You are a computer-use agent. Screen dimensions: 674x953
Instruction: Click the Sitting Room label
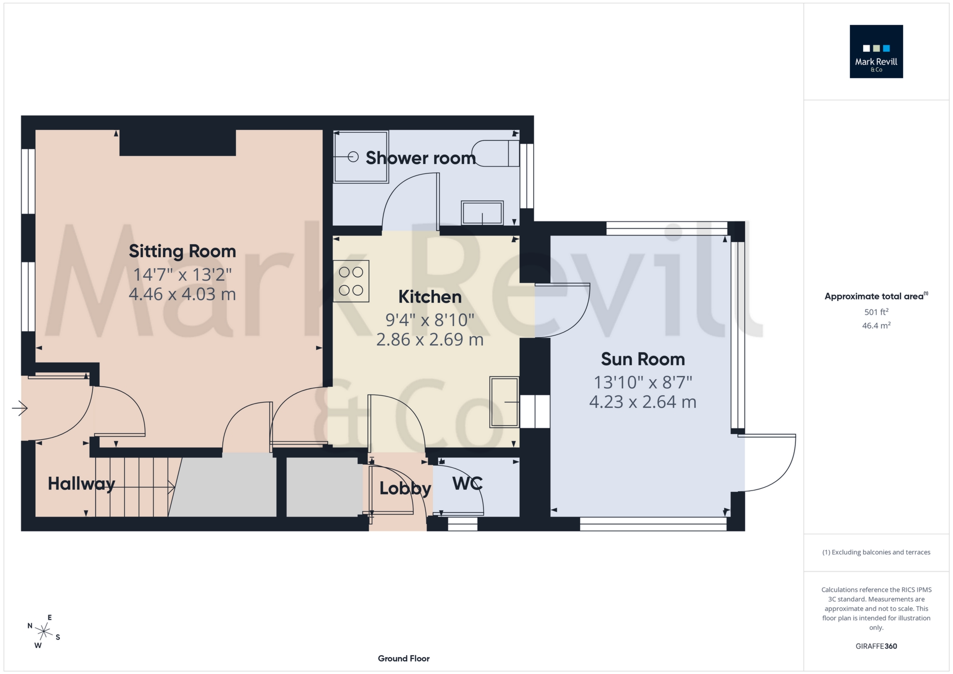click(x=182, y=251)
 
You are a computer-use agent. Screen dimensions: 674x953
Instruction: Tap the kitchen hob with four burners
click(x=351, y=281)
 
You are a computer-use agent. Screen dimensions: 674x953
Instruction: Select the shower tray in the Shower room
click(x=360, y=157)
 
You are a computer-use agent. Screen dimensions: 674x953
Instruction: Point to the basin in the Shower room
click(x=482, y=213)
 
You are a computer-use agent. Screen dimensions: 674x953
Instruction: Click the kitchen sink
click(x=504, y=402)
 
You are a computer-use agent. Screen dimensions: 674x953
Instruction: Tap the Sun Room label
click(x=642, y=359)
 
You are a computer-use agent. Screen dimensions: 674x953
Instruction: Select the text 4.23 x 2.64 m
click(x=642, y=402)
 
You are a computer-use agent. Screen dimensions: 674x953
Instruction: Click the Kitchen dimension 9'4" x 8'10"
click(x=430, y=320)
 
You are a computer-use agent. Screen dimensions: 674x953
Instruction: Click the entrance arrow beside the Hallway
click(x=19, y=408)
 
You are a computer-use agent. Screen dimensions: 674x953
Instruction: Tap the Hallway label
click(x=81, y=484)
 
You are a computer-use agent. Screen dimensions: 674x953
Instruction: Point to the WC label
click(x=467, y=484)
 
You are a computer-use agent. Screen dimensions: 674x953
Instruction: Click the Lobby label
click(x=405, y=489)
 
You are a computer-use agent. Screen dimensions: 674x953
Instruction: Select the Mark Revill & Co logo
click(x=876, y=52)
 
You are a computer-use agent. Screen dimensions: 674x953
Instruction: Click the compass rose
click(x=43, y=632)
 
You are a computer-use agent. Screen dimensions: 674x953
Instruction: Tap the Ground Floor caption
click(x=403, y=658)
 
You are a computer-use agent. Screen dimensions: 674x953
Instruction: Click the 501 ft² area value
click(x=876, y=312)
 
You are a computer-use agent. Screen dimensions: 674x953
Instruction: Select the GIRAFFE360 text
click(x=876, y=646)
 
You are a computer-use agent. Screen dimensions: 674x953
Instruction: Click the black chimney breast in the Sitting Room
click(x=177, y=143)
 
